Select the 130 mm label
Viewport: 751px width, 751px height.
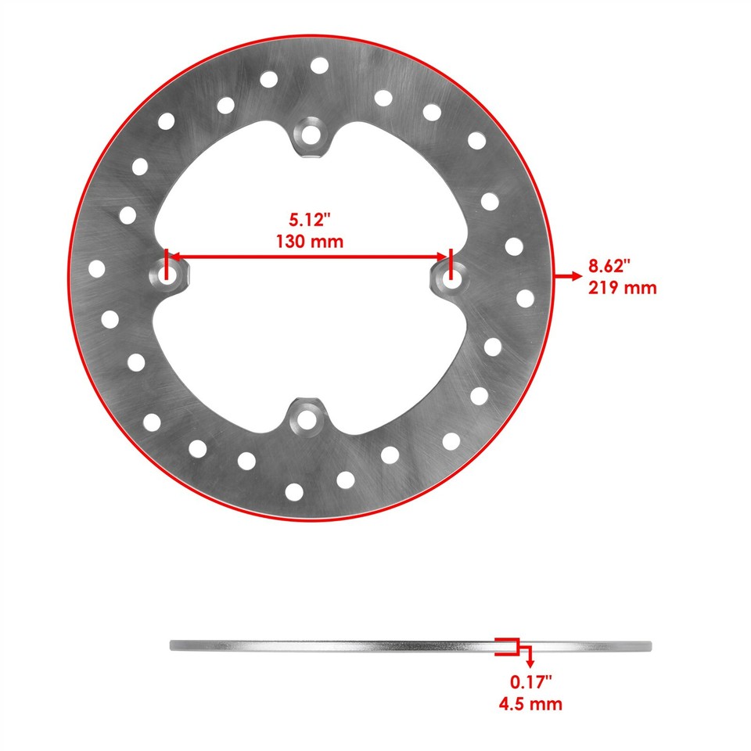310,242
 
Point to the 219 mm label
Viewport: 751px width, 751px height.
622,287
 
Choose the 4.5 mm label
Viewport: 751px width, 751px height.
530,704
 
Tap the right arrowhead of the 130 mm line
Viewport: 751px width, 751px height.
443,257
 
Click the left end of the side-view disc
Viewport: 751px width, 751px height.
173,645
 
